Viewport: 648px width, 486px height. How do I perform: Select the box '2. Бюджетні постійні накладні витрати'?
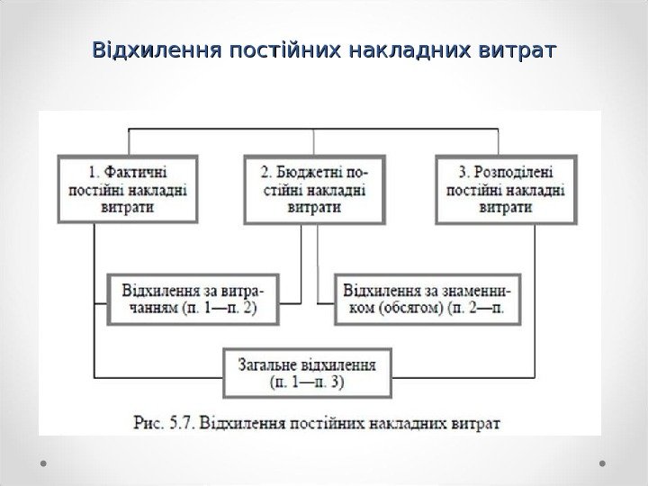[313, 189]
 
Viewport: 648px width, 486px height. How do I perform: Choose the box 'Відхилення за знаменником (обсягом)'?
[427, 300]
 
